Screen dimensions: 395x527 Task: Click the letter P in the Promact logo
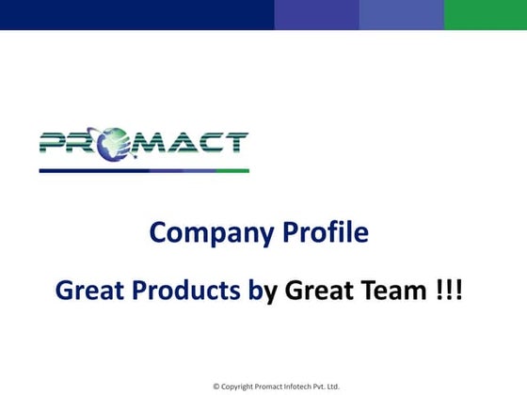point(55,143)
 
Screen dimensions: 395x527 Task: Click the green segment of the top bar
point(485,14)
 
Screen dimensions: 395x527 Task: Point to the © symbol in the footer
point(216,387)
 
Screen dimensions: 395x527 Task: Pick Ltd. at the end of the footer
point(332,387)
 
